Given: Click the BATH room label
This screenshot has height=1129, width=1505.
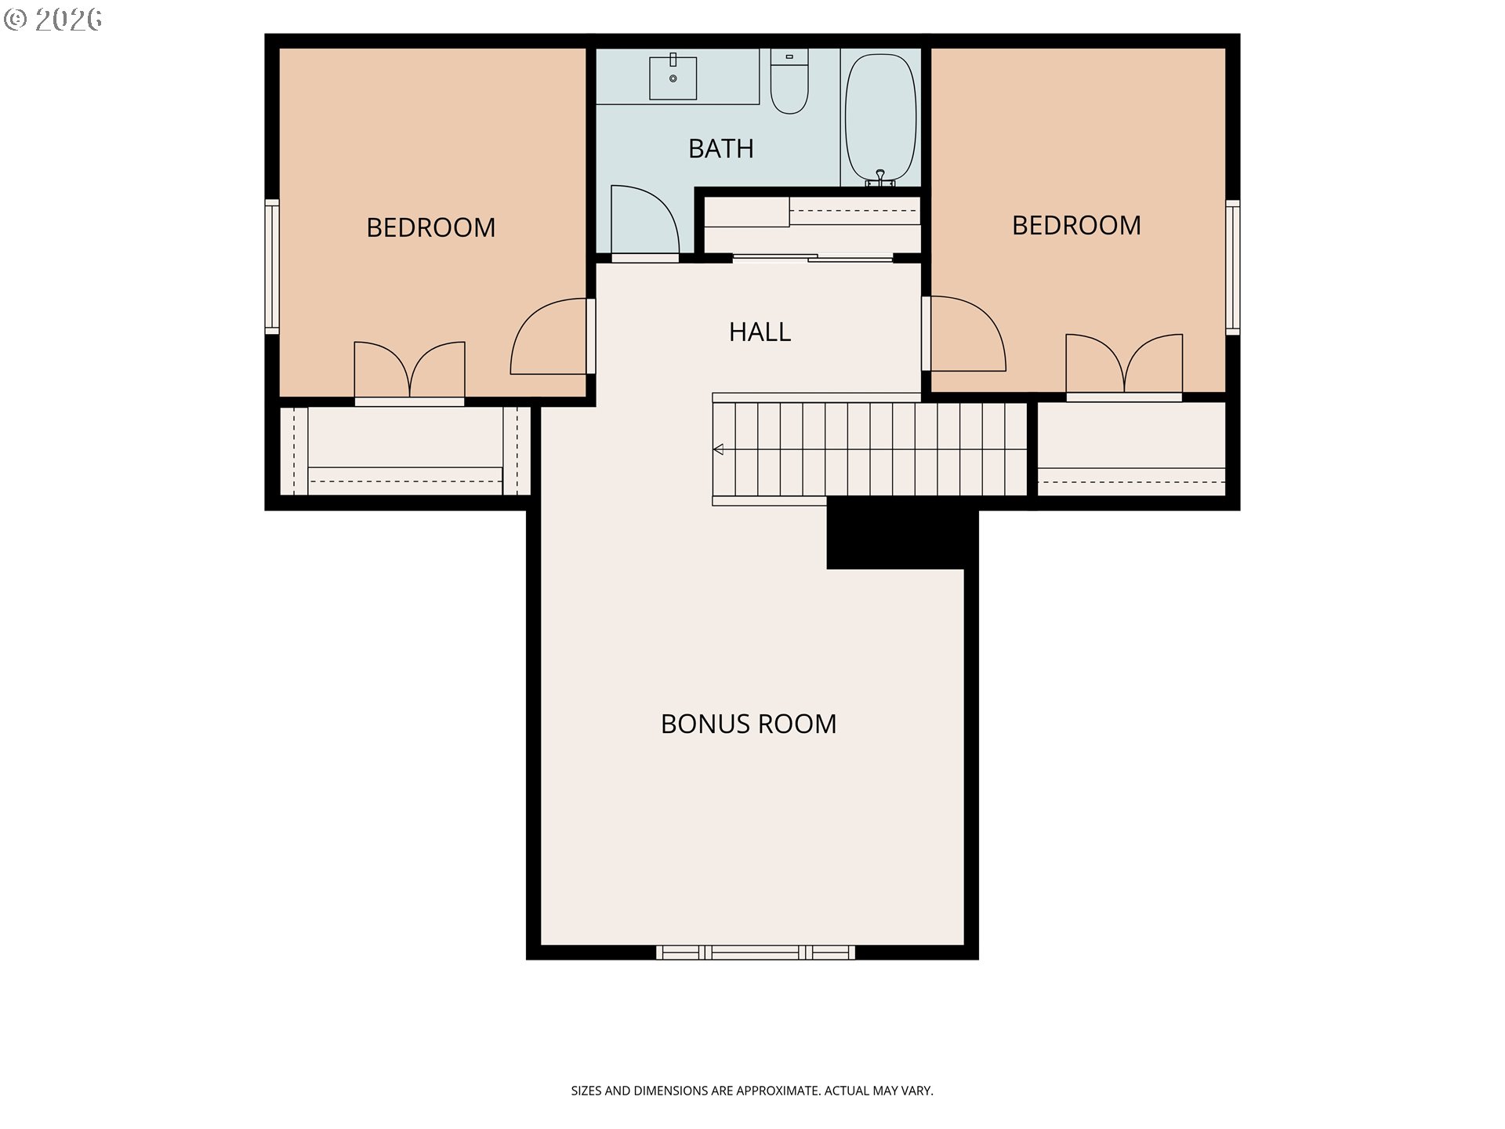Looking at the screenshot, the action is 721,148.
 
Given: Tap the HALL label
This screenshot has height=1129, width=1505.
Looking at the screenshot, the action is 760,332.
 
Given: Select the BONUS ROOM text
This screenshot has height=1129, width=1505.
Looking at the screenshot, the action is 749,724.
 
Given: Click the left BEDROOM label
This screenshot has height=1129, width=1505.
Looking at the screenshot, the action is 430,227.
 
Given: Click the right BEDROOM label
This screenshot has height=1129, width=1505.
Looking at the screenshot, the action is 1076,225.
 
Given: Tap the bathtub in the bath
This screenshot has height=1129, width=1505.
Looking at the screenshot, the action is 881,118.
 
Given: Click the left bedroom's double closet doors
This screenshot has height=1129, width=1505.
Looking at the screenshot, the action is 409,369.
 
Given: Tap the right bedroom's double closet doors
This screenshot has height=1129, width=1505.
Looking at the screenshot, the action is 1124,363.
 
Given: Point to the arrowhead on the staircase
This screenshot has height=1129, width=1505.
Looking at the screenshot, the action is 718,449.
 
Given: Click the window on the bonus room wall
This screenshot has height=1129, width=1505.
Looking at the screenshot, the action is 756,953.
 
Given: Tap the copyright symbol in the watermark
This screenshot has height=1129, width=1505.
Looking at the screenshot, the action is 16,19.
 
